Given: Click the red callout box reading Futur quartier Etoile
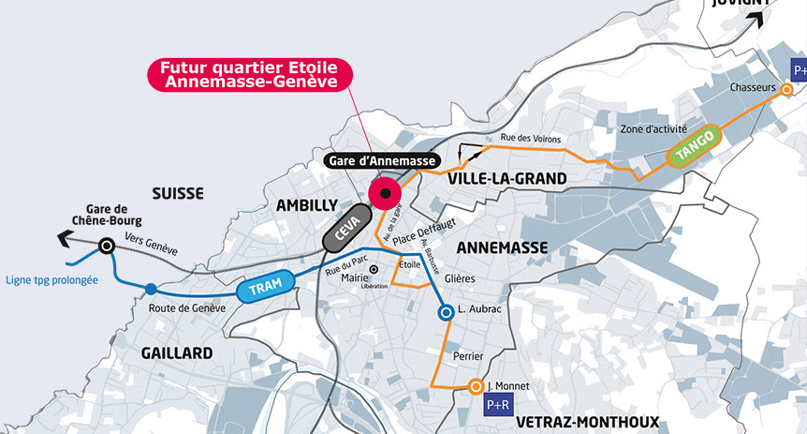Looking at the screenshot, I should click(249, 75).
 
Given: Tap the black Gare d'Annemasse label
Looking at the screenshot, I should click(382, 161).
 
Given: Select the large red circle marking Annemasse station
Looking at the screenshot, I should click(385, 193).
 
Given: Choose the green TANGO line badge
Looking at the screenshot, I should click(694, 146).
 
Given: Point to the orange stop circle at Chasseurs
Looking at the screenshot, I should click(787, 89).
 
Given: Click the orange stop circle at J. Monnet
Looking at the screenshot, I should click(476, 386).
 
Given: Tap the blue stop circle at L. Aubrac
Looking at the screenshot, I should click(448, 311).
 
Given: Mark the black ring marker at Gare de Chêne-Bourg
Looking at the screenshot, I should click(108, 246).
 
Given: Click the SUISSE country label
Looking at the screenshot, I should click(177, 193).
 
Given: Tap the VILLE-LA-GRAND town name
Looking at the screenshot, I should click(506, 178).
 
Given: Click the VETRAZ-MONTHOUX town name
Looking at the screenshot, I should click(587, 422).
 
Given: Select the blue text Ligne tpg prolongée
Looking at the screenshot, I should click(51, 279).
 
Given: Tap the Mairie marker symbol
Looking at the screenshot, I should click(374, 269).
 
